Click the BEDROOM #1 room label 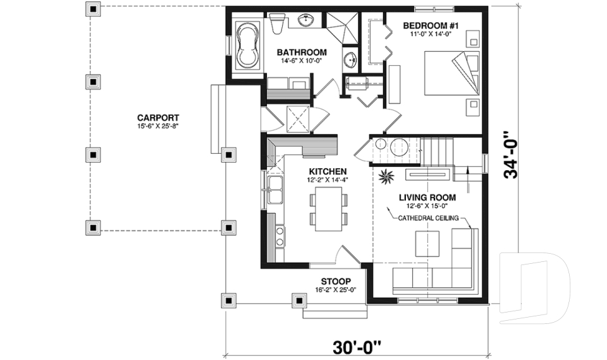(x=431, y=26)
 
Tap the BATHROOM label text (x=302, y=53)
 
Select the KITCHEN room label (x=328, y=171)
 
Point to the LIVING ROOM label (x=427, y=197)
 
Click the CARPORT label (x=158, y=118)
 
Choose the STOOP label (x=336, y=282)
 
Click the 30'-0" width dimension (x=357, y=348)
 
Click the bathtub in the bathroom (x=248, y=46)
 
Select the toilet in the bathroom (x=277, y=23)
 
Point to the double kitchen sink (x=275, y=189)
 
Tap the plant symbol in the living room (x=386, y=177)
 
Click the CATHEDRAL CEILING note (x=429, y=218)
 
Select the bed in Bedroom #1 (x=452, y=73)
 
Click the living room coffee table (x=427, y=244)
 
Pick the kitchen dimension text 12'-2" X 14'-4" (x=328, y=180)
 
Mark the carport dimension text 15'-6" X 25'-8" (x=157, y=127)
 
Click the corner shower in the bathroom (x=342, y=27)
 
